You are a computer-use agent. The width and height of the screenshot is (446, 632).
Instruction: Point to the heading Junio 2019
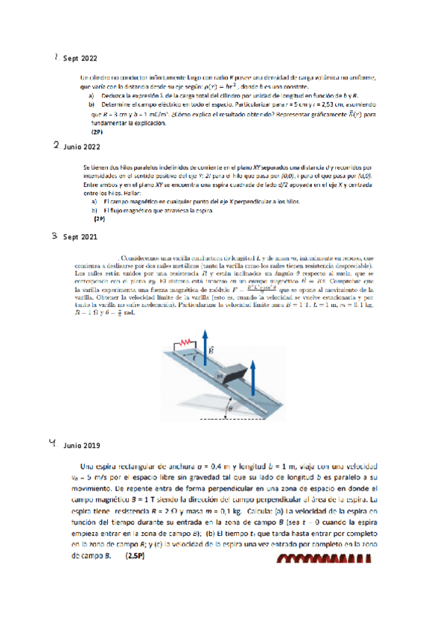pyautogui.click(x=82, y=446)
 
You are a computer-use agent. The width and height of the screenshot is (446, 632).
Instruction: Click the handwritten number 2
pyautogui.click(x=56, y=147)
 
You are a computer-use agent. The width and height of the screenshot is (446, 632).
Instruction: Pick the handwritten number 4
pyautogui.click(x=52, y=444)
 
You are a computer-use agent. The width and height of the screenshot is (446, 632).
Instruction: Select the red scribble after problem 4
pyautogui.click(x=322, y=556)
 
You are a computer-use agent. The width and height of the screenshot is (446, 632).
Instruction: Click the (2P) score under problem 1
pyautogui.click(x=97, y=130)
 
